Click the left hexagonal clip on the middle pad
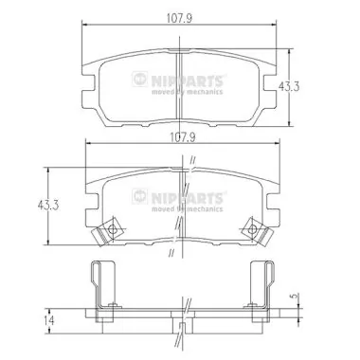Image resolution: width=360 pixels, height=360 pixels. pos(112,228)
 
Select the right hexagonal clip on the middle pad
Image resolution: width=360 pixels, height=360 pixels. pos(250,227)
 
